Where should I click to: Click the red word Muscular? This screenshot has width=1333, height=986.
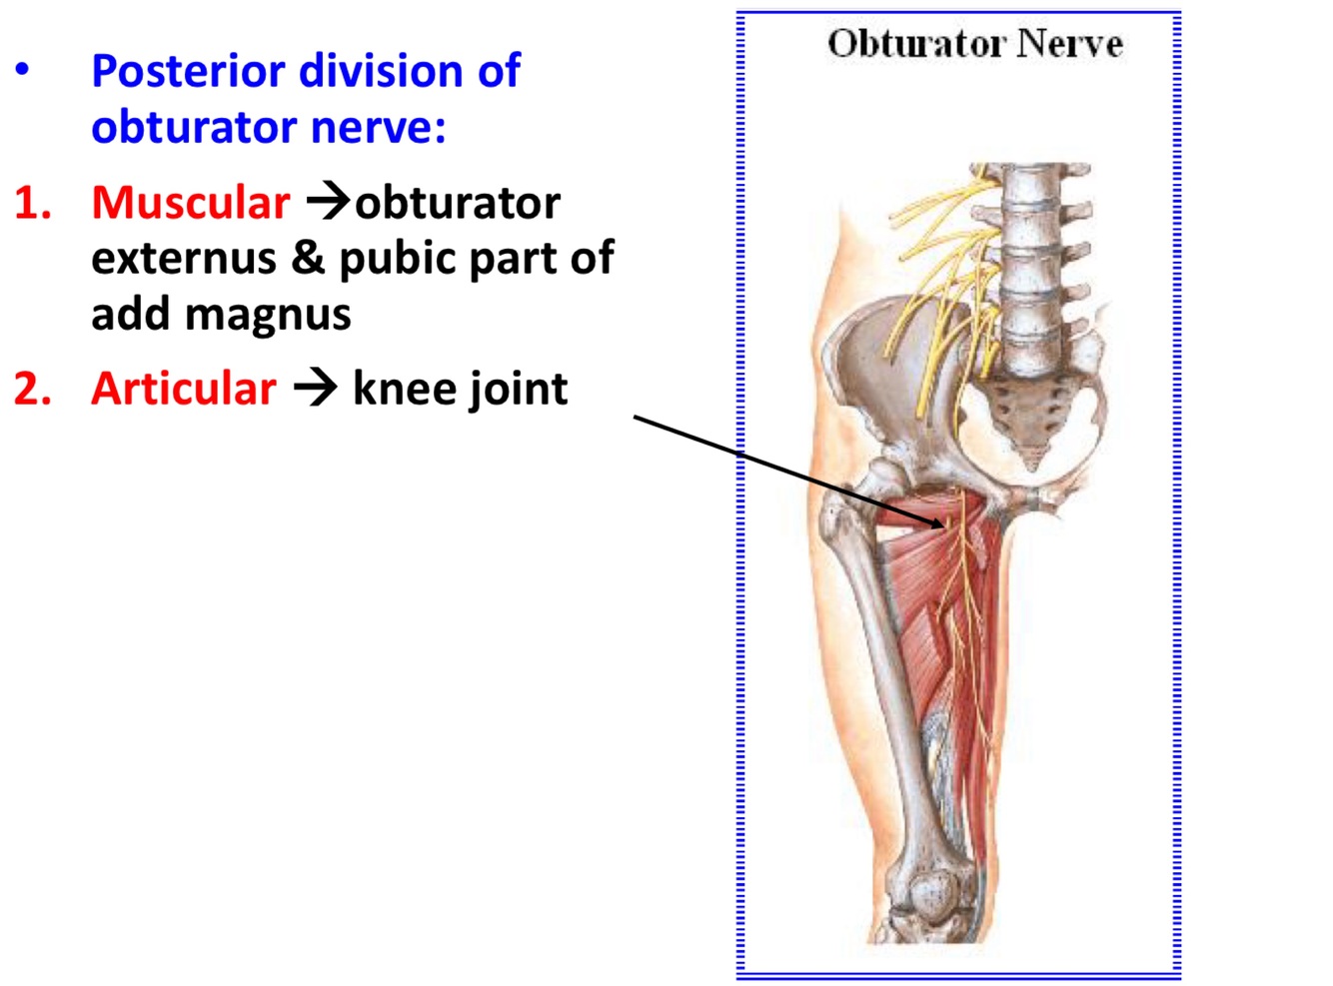190,203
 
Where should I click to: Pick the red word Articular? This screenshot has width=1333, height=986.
184,389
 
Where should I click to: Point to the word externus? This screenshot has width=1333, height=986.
184,259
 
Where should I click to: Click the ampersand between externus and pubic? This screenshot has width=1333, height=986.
308,258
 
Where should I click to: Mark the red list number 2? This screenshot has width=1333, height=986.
32,389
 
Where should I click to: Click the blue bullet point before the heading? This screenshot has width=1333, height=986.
22,71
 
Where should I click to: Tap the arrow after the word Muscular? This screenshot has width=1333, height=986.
327,202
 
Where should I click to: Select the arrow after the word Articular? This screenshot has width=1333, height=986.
316,388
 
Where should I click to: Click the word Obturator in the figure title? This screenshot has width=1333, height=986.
915,44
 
